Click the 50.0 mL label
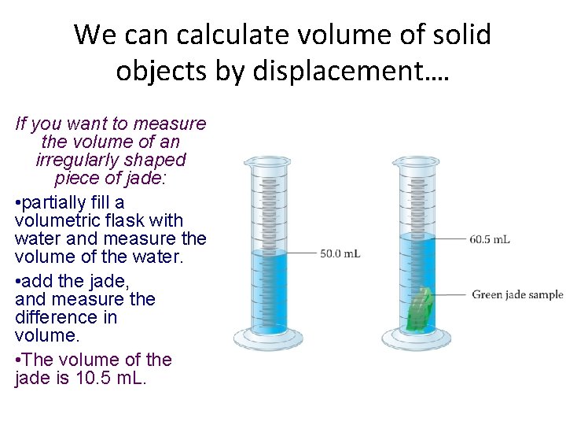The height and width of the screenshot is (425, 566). tap(340, 253)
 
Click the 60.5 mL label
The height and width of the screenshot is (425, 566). tap(490, 238)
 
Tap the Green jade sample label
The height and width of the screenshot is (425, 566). tap(517, 295)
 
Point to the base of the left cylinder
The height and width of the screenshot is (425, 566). tap(267, 340)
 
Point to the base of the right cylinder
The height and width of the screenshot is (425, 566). tap(416, 340)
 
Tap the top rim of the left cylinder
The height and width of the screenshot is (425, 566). tap(267, 160)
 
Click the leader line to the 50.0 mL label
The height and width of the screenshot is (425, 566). tap(302, 253)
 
